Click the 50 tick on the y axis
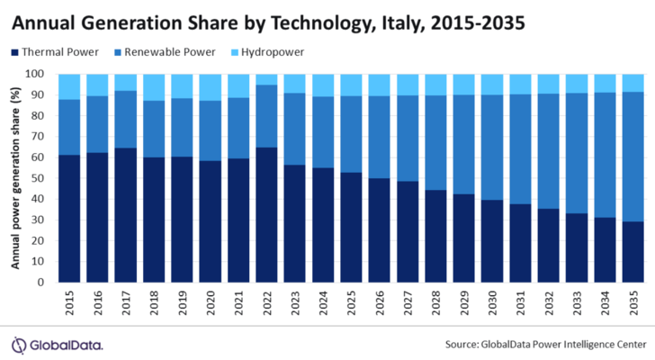click(x=40, y=178)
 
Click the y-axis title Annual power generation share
click(x=16, y=178)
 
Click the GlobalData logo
click(x=57, y=344)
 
